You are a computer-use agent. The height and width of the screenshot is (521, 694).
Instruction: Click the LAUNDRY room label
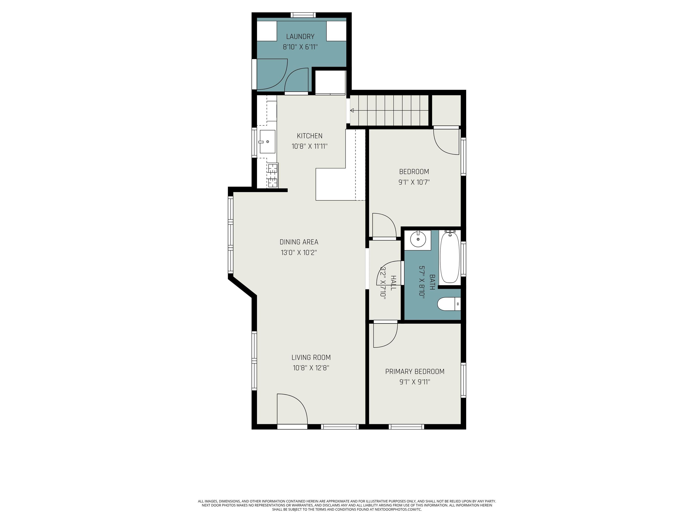click(x=300, y=36)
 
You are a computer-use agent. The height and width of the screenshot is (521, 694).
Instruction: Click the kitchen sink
click(x=267, y=142)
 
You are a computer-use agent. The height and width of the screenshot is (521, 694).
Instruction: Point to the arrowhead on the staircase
click(x=352, y=110)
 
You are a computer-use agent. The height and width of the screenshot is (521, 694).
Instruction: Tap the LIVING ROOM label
click(x=311, y=357)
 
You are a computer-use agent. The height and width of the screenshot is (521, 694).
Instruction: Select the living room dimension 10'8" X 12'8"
click(x=311, y=367)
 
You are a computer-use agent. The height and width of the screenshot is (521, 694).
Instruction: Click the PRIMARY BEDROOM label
click(x=415, y=372)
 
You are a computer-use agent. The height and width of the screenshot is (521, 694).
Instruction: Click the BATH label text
click(x=432, y=282)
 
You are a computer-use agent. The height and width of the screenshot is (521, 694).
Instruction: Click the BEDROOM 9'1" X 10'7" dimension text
click(x=414, y=182)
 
